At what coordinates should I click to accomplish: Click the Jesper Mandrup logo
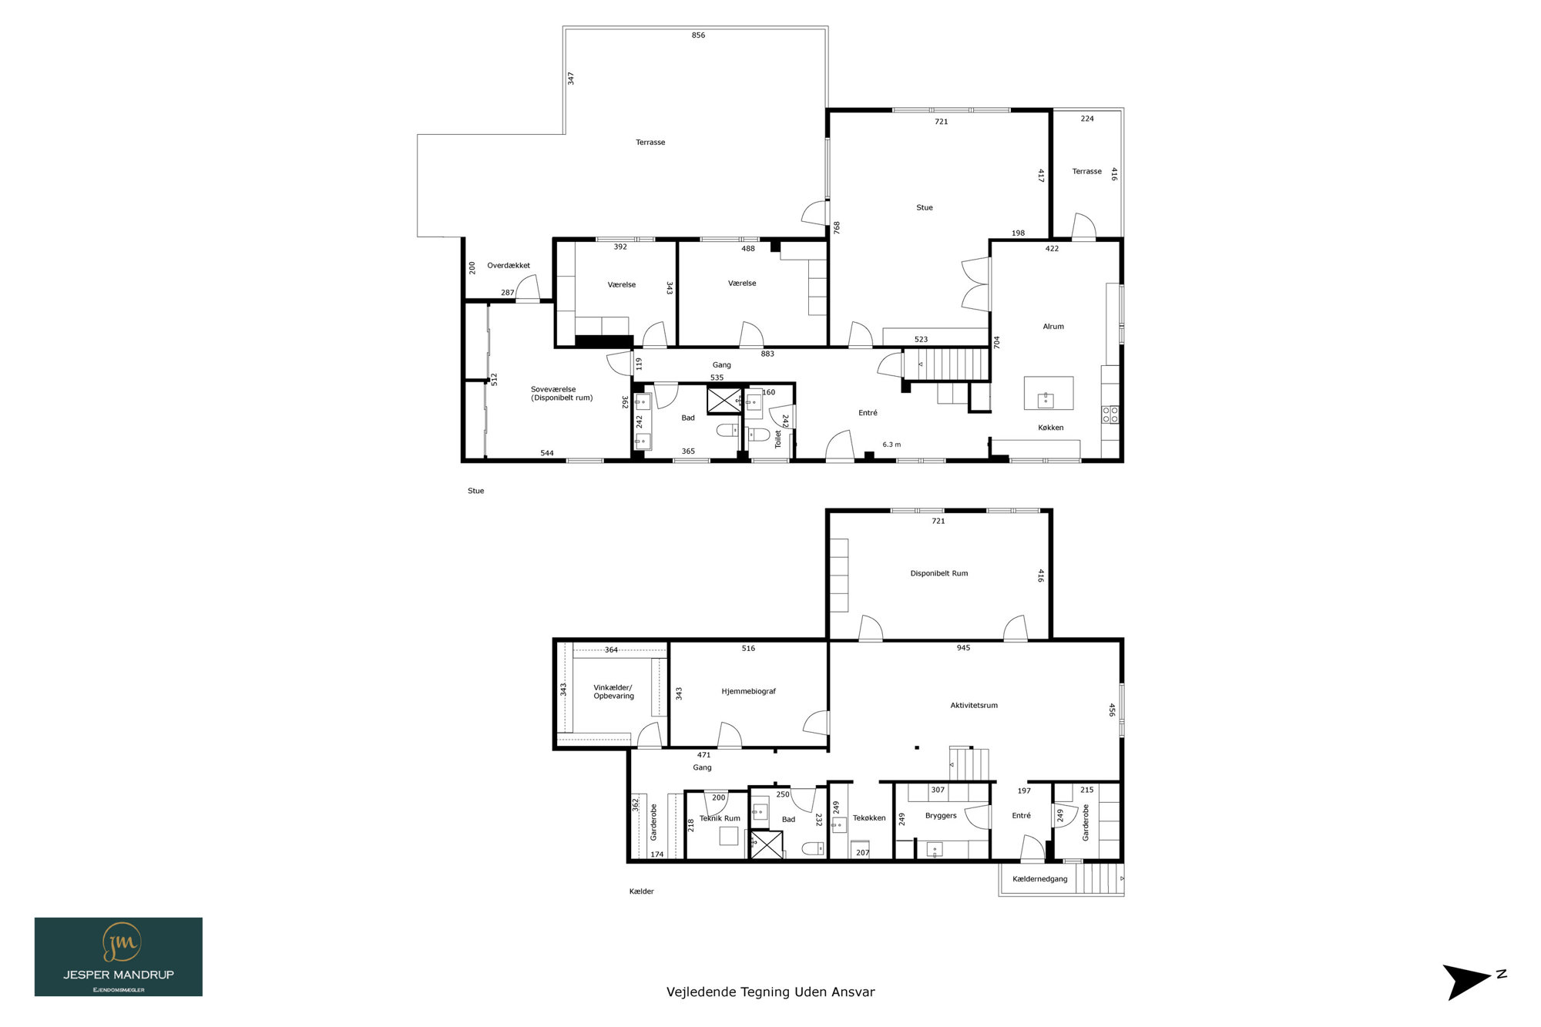119,957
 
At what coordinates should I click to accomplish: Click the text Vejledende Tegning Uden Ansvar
770,992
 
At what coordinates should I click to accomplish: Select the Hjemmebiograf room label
748,691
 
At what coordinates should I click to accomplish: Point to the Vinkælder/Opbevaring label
613,692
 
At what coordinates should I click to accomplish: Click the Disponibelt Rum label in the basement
938,573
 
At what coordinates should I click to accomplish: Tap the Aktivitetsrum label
974,705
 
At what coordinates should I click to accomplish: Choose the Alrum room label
1053,327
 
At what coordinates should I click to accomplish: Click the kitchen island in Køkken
1049,393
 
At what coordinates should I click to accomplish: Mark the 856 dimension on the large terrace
698,35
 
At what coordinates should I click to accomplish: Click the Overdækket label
509,266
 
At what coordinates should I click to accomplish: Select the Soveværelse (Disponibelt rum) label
562,394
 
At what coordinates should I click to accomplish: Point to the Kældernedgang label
1040,879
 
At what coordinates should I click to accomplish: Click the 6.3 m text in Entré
891,445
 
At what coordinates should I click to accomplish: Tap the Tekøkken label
869,818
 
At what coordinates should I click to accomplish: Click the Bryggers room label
941,815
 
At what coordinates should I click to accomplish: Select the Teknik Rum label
720,818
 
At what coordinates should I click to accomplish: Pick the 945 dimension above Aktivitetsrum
963,648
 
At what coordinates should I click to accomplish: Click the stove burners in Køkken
1110,414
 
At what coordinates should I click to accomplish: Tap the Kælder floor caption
642,891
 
